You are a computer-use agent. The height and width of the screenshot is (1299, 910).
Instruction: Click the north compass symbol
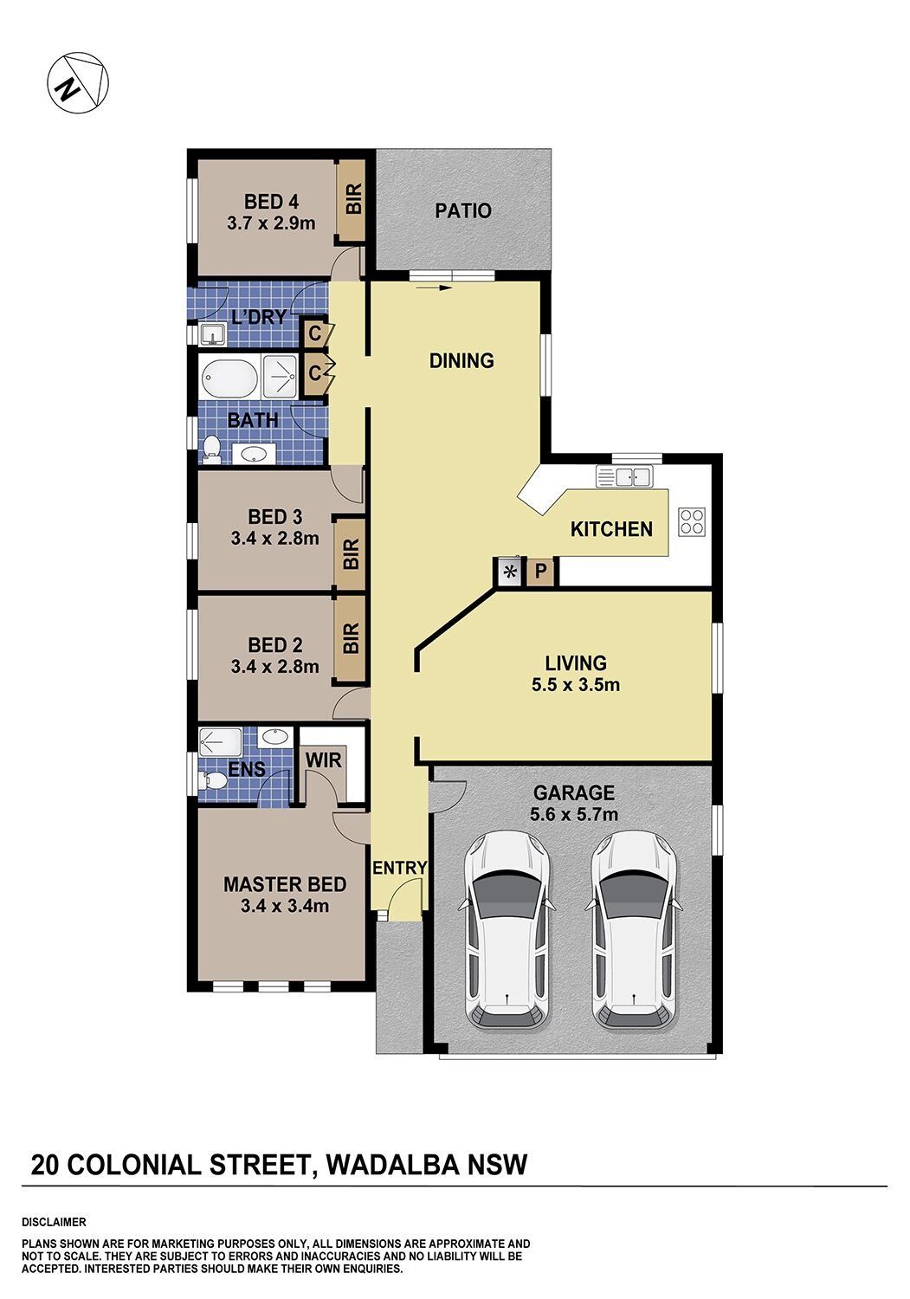[x=78, y=83]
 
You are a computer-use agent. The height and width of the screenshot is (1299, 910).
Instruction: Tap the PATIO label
[x=463, y=210]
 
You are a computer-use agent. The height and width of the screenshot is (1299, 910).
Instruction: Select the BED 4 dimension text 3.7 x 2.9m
[x=271, y=223]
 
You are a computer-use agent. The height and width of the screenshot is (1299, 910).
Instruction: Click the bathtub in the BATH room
[x=229, y=377]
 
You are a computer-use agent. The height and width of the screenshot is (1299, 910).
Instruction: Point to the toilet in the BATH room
[x=211, y=449]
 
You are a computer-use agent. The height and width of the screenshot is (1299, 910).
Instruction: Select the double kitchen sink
[x=625, y=476]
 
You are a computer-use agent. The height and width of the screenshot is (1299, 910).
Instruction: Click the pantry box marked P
[x=540, y=572]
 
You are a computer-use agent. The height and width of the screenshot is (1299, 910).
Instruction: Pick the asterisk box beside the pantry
[x=510, y=572]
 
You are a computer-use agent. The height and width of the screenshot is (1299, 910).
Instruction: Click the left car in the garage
[x=507, y=931]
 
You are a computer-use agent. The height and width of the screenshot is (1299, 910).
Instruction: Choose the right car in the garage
[x=634, y=931]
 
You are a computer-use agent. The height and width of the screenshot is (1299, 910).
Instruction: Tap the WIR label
[x=323, y=759]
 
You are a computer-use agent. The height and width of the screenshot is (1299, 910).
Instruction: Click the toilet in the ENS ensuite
[x=212, y=780]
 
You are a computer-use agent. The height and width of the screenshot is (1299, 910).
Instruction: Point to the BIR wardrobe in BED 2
[x=351, y=638]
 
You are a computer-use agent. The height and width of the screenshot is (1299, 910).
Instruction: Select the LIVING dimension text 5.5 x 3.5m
[x=575, y=685]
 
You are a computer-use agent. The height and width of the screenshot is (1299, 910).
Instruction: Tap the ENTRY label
[x=400, y=868]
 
